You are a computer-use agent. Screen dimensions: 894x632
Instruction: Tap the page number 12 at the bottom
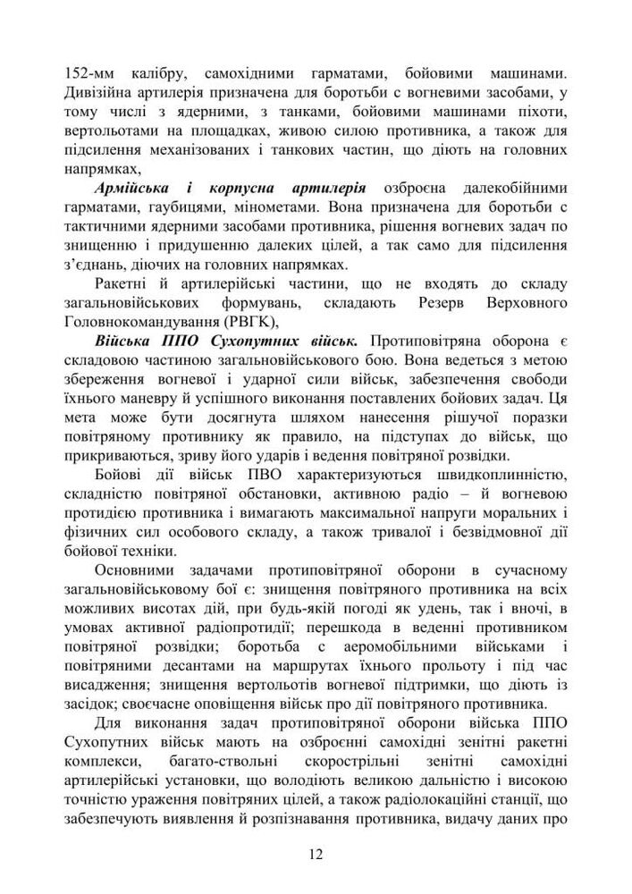coord(316,854)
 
